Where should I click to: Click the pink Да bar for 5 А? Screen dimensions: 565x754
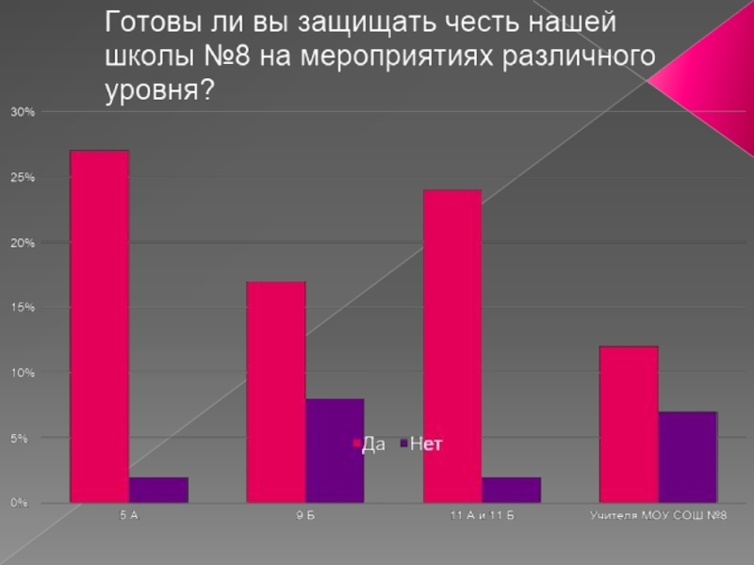(99, 326)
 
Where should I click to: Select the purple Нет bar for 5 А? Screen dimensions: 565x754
(158, 490)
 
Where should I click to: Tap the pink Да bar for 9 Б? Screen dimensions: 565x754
(275, 392)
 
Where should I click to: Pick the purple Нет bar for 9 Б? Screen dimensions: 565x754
(335, 450)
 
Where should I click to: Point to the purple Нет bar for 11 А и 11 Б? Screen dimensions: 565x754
(512, 490)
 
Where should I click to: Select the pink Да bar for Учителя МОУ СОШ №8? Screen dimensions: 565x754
(629, 424)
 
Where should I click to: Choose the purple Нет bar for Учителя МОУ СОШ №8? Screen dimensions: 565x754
(688, 457)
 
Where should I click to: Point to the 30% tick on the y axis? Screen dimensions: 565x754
(23, 112)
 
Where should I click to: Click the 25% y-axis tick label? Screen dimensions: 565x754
(23, 177)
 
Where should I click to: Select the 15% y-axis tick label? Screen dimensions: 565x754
(23, 308)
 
